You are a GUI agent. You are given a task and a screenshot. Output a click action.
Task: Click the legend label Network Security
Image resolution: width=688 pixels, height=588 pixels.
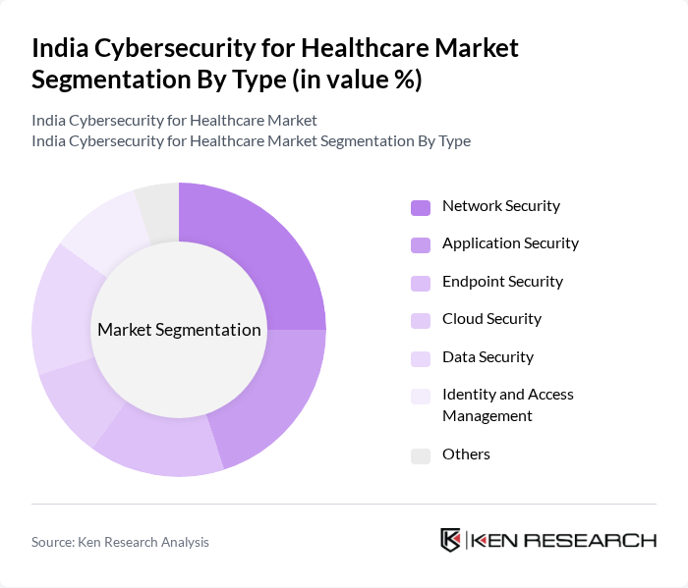click(500, 206)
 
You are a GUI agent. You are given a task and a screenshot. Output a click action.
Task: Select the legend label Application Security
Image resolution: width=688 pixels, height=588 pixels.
click(510, 243)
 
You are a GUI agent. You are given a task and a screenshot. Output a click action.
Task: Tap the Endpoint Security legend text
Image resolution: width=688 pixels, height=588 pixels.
click(502, 282)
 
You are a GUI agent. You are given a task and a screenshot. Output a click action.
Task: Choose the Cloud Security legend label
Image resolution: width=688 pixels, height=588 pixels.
click(491, 319)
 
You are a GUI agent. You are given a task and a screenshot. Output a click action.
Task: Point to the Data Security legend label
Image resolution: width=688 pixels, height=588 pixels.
click(487, 357)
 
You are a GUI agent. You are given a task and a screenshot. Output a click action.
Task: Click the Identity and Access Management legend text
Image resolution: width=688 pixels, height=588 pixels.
click(507, 404)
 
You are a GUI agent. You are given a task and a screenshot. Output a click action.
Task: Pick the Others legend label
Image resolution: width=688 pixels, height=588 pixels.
click(466, 454)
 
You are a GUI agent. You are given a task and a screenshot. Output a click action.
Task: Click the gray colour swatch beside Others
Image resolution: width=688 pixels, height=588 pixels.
click(421, 455)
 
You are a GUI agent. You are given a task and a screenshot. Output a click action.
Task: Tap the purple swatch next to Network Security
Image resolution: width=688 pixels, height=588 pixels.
click(421, 207)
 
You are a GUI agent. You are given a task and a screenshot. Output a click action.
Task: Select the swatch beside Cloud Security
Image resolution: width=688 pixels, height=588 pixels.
click(421, 320)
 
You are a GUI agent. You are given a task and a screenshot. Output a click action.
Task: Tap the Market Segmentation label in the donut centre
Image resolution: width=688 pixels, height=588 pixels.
click(179, 330)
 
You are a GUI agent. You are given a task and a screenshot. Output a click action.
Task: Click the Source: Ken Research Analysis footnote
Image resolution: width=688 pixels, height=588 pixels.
click(120, 542)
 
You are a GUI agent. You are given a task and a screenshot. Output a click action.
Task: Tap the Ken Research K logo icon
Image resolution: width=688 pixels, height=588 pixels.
click(450, 540)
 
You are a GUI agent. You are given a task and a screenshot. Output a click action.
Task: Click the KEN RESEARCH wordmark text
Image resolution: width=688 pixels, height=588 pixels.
click(564, 540)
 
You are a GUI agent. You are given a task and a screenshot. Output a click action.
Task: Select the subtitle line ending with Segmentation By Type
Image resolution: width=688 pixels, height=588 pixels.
click(251, 141)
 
